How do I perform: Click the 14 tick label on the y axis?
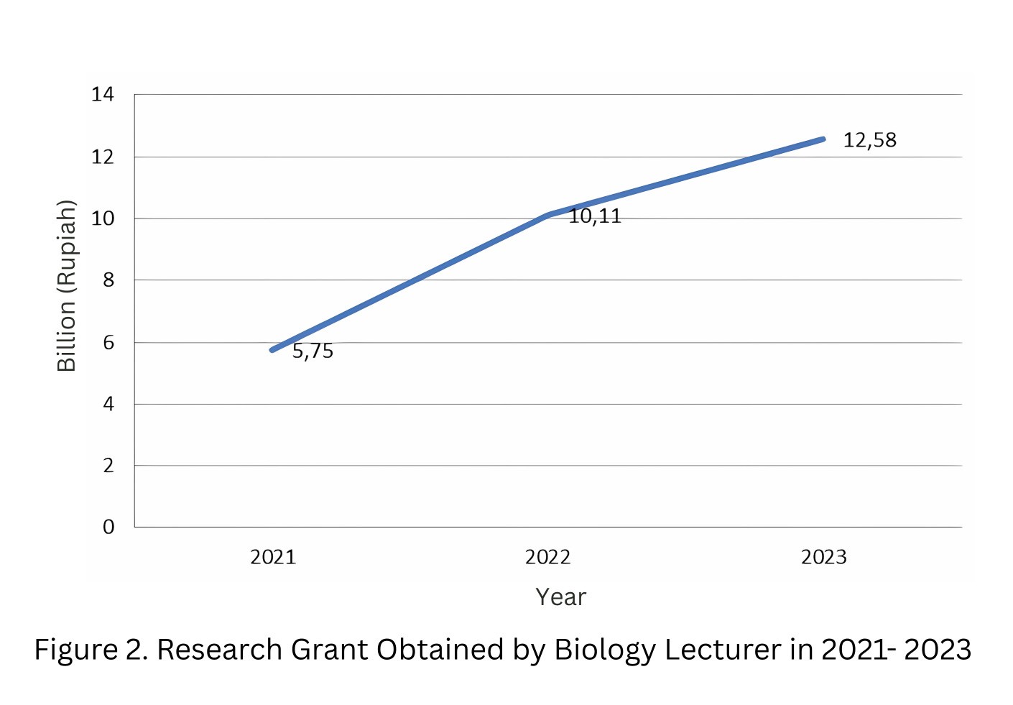coord(102,94)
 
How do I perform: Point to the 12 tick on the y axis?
coord(102,157)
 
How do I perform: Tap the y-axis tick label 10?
coord(102,218)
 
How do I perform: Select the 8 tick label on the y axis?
coord(108,280)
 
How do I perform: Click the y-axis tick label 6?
coord(108,342)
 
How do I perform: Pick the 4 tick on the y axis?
coord(108,404)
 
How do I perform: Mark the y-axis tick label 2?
coord(108,466)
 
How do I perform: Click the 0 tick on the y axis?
coord(108,527)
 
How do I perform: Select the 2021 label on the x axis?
coord(273,557)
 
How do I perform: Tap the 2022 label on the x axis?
coord(547,557)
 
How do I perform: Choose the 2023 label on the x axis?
coord(823,557)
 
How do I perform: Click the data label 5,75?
coord(313,351)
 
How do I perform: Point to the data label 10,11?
coord(595,216)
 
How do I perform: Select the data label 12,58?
coord(869,140)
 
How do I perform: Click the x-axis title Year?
coord(560,597)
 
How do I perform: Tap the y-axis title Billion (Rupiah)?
coord(66,285)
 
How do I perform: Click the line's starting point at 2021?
coord(272,350)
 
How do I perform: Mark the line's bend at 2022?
coord(548,215)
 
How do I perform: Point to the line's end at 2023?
coord(823,139)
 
